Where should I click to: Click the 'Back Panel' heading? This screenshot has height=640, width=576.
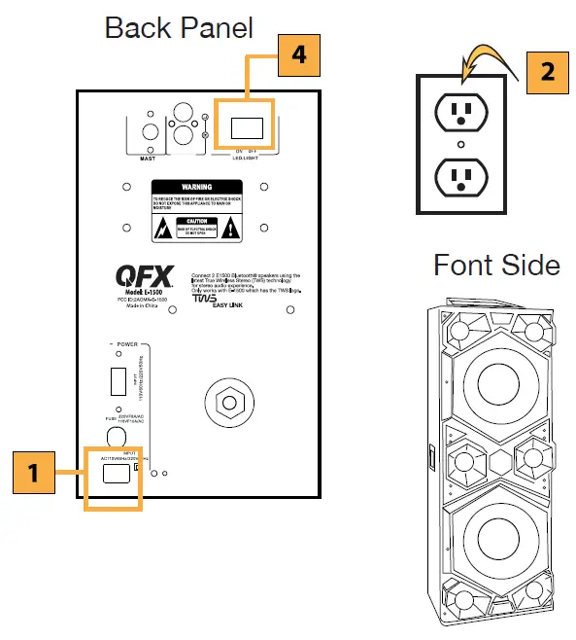(179, 26)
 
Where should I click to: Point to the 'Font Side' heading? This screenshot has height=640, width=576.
(495, 265)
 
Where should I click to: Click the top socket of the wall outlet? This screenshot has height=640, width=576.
(460, 114)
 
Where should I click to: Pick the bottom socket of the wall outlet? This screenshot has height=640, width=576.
(460, 177)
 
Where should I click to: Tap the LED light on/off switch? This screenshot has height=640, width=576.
(245, 126)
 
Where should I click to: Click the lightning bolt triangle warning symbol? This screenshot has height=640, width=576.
(162, 229)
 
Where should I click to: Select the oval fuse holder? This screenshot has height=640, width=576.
(115, 437)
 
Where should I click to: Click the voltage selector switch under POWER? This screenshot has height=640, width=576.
(115, 379)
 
